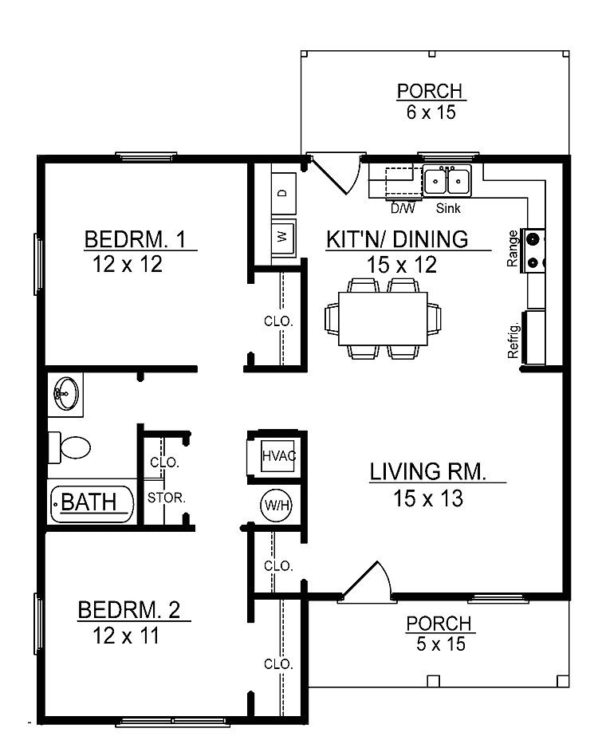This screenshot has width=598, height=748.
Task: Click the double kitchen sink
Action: coord(447,182)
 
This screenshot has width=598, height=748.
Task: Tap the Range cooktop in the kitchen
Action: coord(533,250)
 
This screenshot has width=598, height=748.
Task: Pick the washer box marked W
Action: coord(284,237)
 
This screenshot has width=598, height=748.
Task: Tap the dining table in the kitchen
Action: coord(382,318)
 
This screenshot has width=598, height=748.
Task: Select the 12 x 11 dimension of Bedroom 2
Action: coord(127,636)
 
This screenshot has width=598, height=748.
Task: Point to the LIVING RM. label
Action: coord(427,471)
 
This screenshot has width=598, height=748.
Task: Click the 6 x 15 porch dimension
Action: coord(431,112)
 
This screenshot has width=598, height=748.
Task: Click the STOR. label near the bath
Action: coord(167,497)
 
